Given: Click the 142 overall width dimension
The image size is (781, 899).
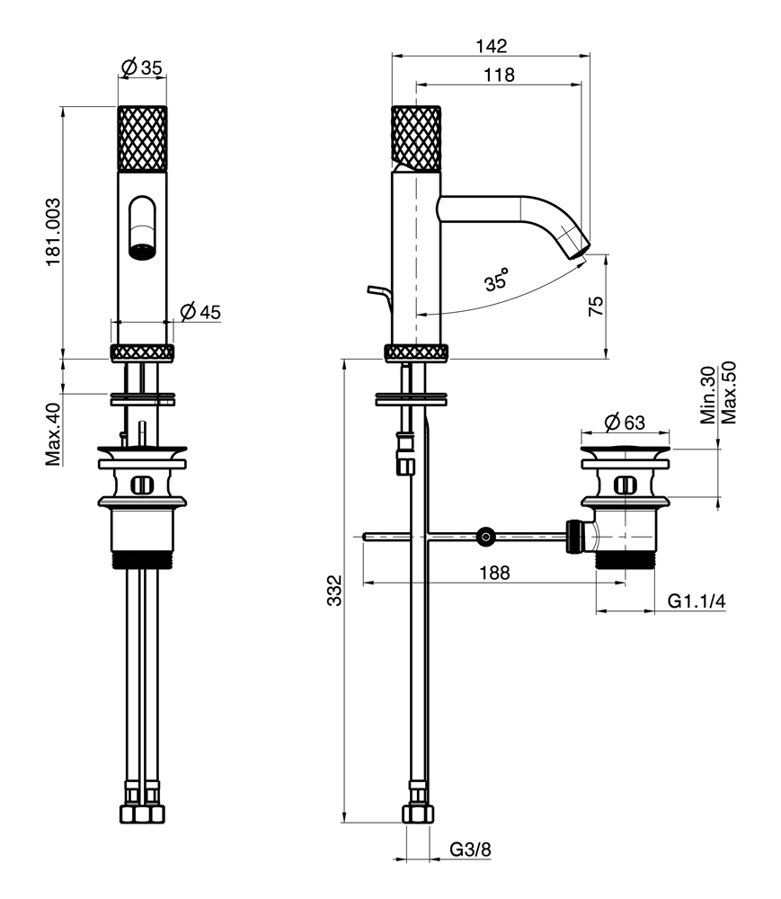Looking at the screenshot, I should click(492, 45).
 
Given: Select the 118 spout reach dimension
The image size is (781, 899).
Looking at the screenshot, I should click(499, 76).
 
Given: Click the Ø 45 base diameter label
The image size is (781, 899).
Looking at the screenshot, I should click(200, 312).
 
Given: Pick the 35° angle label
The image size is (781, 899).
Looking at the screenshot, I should click(496, 280).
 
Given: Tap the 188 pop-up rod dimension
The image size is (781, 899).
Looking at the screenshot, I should click(493, 572).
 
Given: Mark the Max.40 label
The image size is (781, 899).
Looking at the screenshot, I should click(53, 434).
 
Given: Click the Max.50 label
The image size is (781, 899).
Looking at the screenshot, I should click(729, 393).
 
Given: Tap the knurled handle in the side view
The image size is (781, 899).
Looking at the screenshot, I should click(416, 137).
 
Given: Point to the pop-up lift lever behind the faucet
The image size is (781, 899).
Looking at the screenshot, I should click(379, 292).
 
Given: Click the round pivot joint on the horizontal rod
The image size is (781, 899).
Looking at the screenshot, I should click(486, 538).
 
